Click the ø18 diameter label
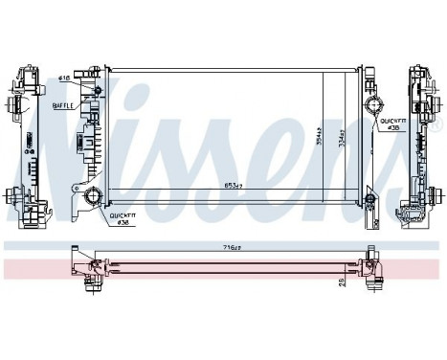click(x=65, y=78)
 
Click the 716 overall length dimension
click(x=229, y=247)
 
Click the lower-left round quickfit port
click(x=94, y=198)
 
